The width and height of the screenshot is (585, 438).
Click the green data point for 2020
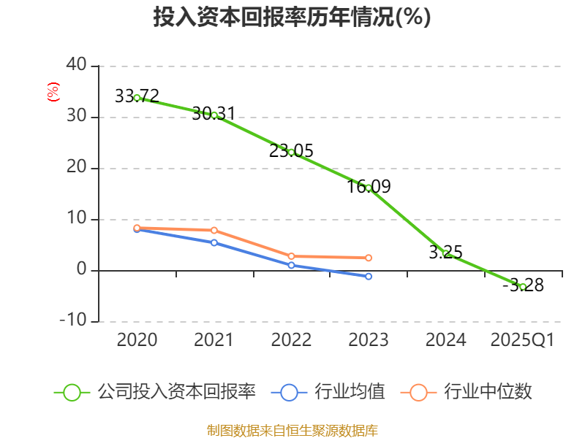[x=137, y=97]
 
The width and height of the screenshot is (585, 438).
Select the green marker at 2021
[x=214, y=115]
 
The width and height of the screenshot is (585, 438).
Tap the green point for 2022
[x=291, y=152]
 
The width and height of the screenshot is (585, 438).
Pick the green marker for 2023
[x=369, y=188]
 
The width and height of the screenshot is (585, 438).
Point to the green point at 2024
[x=445, y=253]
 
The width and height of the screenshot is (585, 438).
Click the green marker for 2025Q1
[x=523, y=286]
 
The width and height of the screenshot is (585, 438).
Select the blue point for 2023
[x=369, y=276]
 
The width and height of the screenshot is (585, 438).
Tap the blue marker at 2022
[x=291, y=265]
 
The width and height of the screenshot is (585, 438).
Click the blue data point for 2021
[x=214, y=242]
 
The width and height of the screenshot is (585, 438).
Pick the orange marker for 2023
[x=369, y=258]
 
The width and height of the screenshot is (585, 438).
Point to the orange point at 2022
[x=291, y=256]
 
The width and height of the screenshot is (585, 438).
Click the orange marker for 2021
[x=214, y=230]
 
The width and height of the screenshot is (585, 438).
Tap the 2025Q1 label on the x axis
[x=523, y=340]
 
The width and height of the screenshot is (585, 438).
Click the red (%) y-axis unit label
[x=53, y=92]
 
